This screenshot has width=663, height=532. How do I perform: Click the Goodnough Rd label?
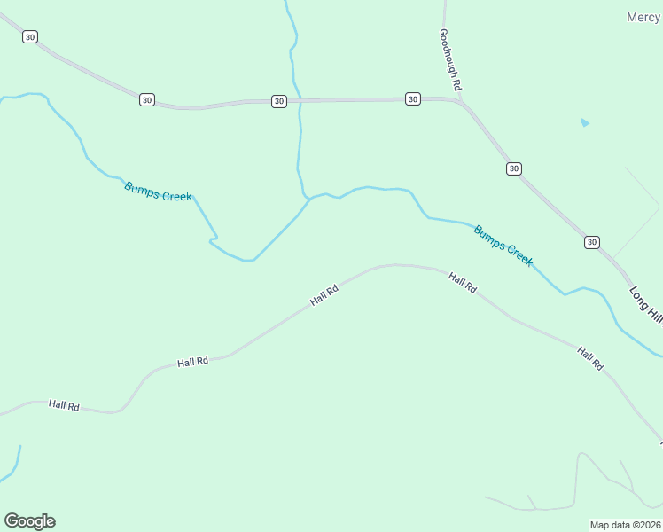click(450, 59)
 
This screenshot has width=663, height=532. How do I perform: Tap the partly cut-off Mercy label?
click(643, 17)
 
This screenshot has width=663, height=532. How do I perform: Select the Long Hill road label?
click(645, 303)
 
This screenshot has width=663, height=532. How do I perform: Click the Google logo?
click(29, 521)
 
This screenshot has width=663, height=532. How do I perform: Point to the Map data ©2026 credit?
click(626, 524)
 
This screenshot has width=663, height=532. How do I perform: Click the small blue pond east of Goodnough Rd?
click(584, 122)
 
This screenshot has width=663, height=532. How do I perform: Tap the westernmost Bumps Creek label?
click(158, 191)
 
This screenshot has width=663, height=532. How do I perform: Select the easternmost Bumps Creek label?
click(503, 246)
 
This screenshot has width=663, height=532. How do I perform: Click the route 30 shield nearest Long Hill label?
click(592, 242)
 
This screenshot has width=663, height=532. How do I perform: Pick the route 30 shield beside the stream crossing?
click(279, 101)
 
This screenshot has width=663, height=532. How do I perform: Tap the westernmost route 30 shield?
click(31, 37)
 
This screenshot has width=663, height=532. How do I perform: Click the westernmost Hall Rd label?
click(65, 405)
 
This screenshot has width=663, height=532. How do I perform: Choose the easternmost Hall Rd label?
click(590, 358)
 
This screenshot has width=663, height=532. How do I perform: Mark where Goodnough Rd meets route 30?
click(460, 99)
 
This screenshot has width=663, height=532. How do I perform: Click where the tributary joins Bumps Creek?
click(309, 198)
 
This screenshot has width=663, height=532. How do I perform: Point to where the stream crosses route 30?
click(300, 101)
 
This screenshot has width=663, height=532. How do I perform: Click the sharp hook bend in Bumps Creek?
click(213, 239)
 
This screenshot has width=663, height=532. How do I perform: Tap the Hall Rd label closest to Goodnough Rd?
click(463, 284)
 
